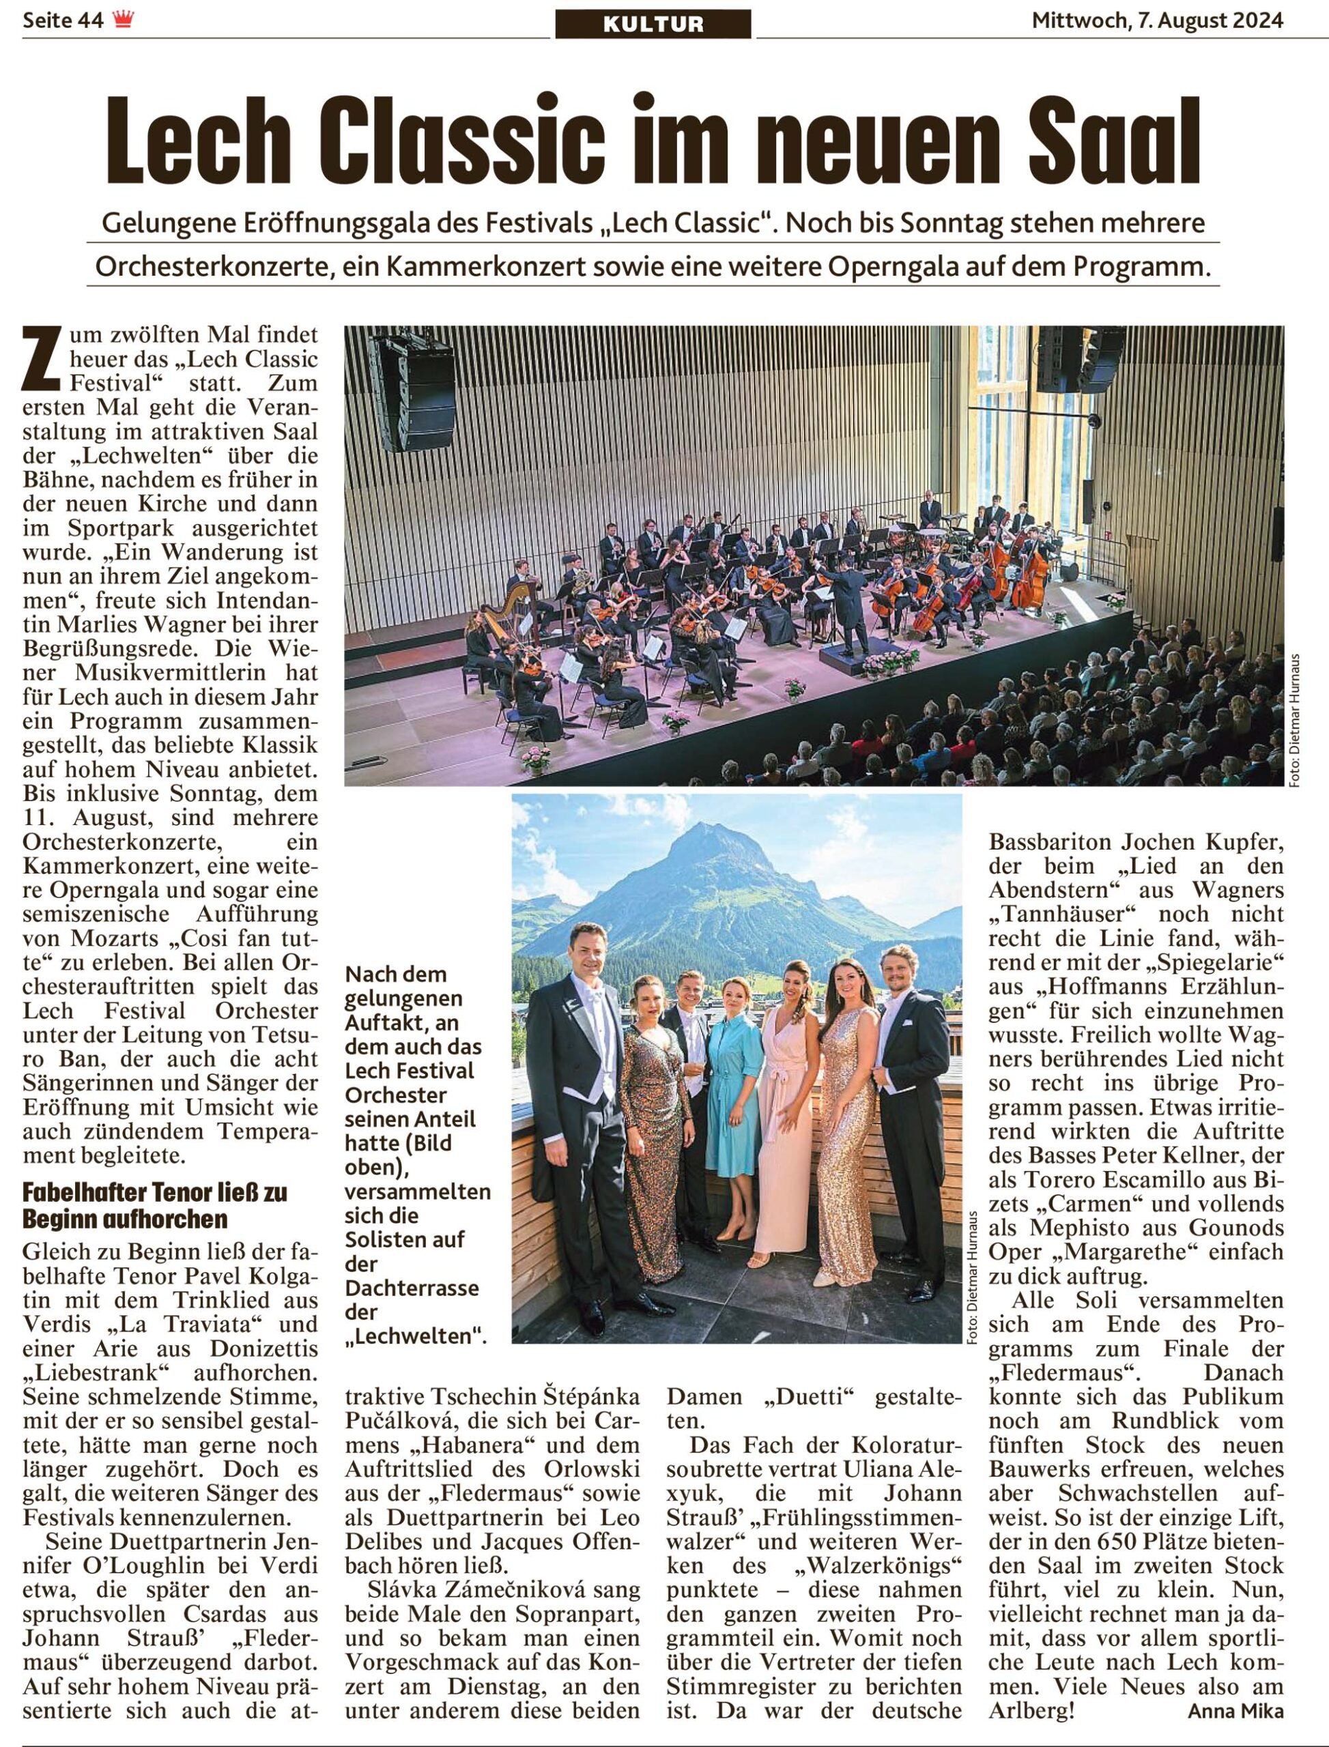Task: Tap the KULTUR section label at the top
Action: (653, 24)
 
